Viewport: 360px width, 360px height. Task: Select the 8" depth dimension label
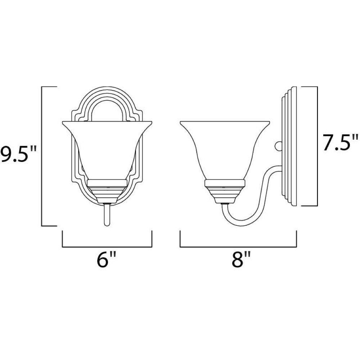(x=240, y=262)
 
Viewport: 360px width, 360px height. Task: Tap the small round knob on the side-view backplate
(x=278, y=146)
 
